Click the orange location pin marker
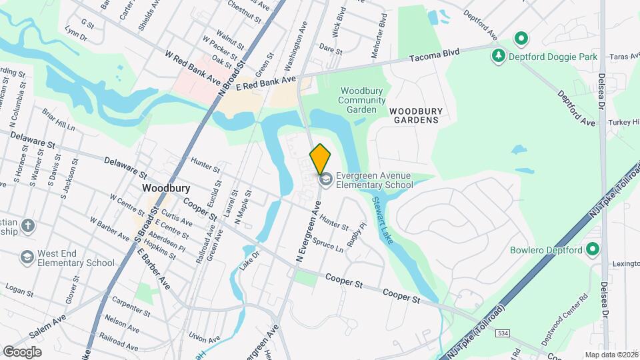click(x=320, y=159)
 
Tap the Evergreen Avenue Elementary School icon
click(x=326, y=180)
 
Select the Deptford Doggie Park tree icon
click(x=497, y=56)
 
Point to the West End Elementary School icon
click(x=27, y=257)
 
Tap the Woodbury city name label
click(x=161, y=189)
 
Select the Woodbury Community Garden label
click(x=362, y=100)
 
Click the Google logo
click(x=22, y=351)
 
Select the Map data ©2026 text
click(x=611, y=355)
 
